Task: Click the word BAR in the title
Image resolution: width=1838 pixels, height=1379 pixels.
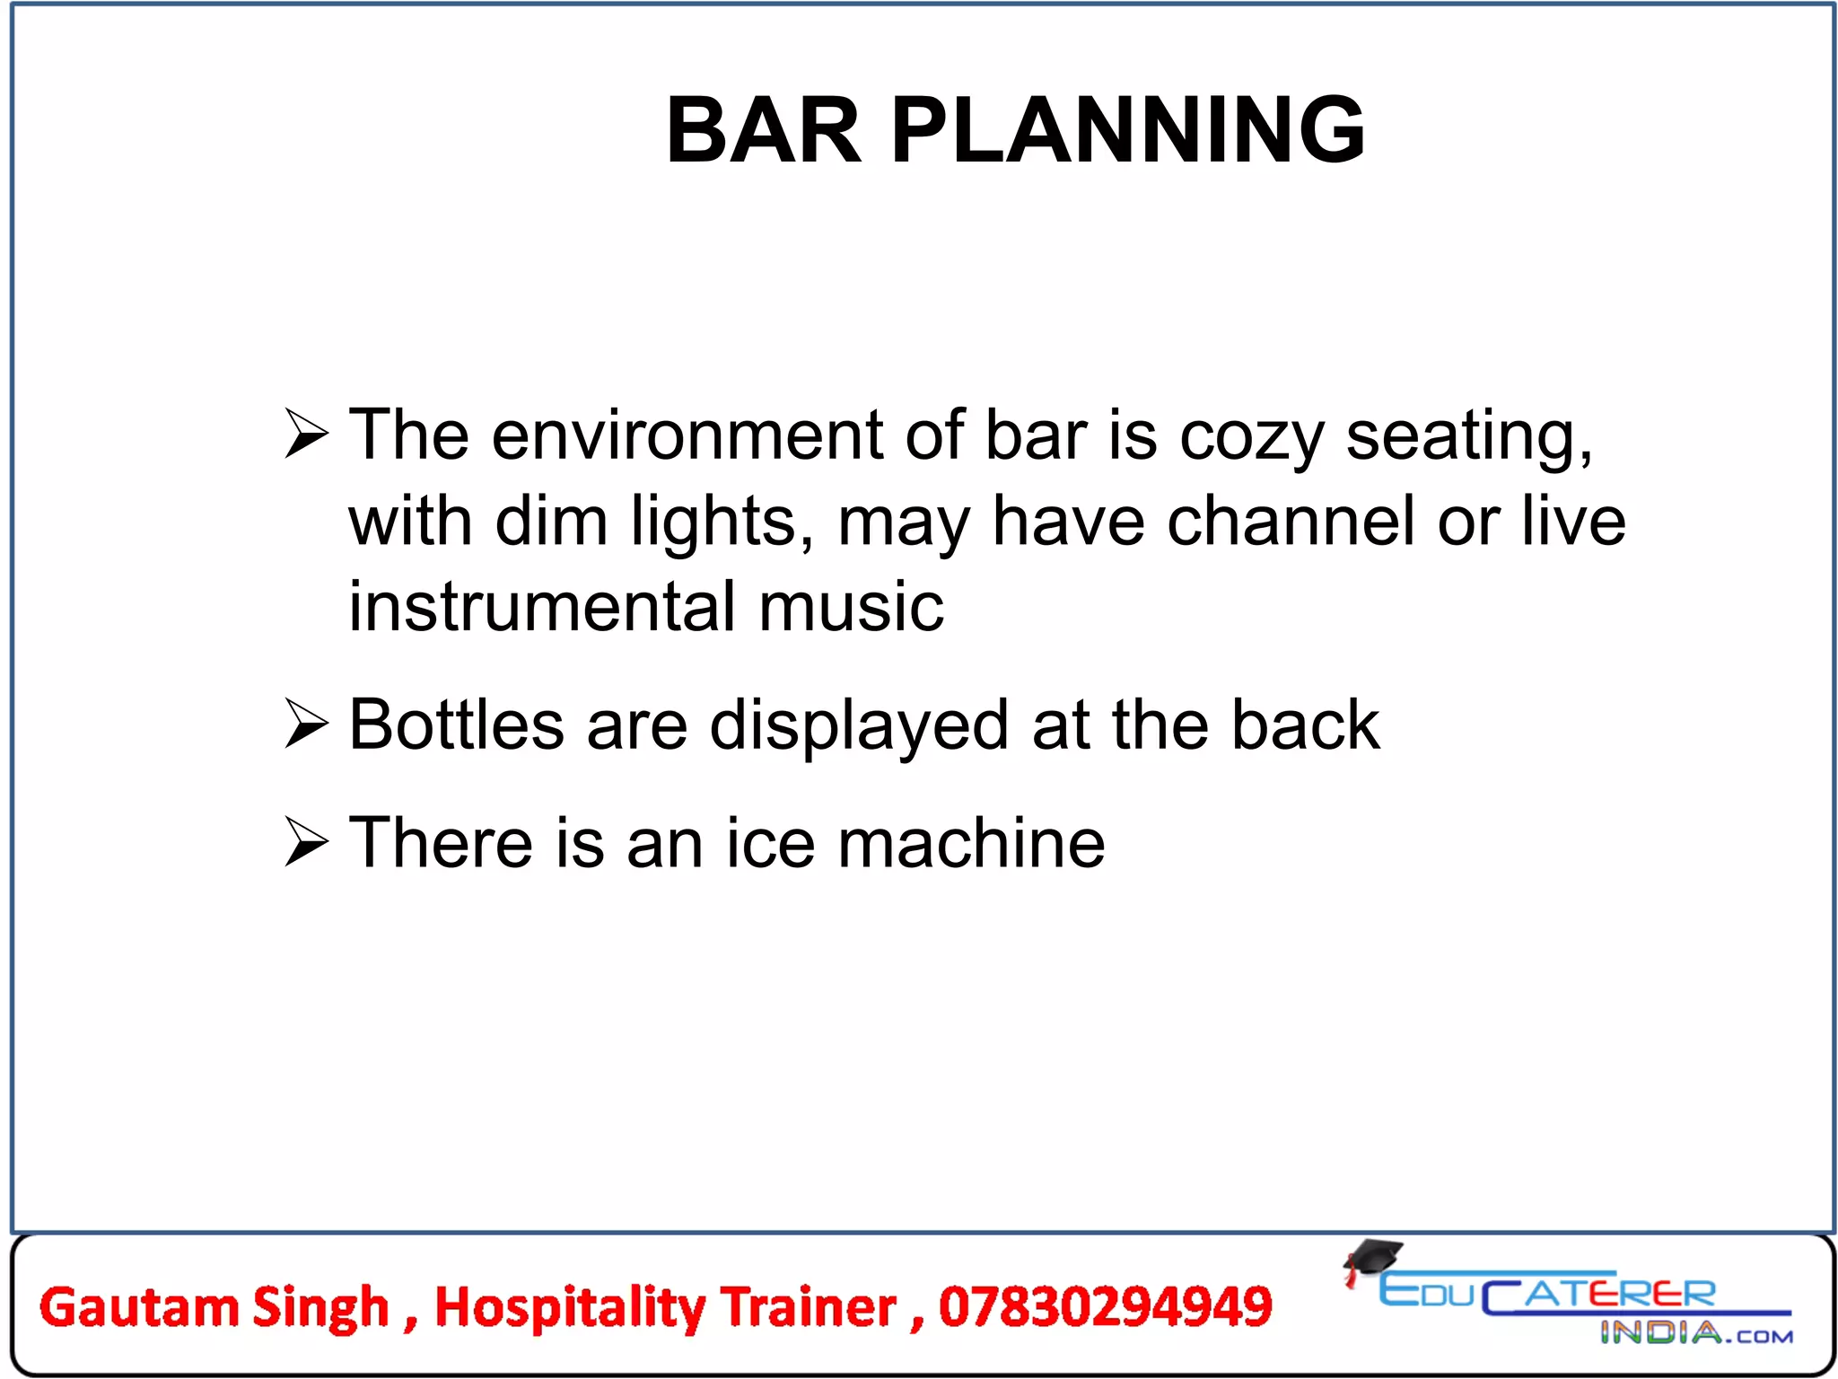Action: click(764, 131)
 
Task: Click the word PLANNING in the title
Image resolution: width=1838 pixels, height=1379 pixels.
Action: click(1128, 131)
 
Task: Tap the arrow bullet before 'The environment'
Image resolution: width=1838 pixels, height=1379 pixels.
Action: click(306, 434)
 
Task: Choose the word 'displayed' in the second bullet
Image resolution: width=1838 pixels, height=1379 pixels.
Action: click(859, 727)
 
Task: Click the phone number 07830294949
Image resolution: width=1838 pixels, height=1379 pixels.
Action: click(1105, 1306)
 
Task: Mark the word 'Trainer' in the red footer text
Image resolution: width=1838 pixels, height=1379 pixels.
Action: click(808, 1306)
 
